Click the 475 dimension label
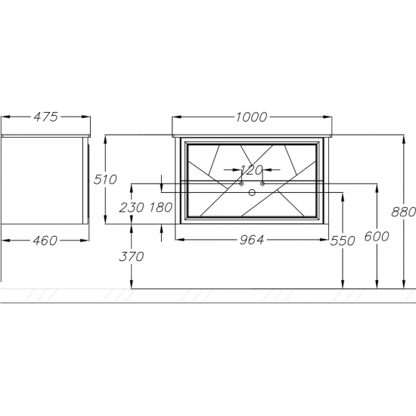point(45,117)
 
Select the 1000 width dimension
point(252,117)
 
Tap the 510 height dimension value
point(105,179)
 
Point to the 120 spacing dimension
point(252,170)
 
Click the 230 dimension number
point(132,207)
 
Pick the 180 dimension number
point(161,207)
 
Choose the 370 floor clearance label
point(132,256)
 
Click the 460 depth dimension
point(45,241)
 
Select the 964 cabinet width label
point(252,240)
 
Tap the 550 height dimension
point(343,241)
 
